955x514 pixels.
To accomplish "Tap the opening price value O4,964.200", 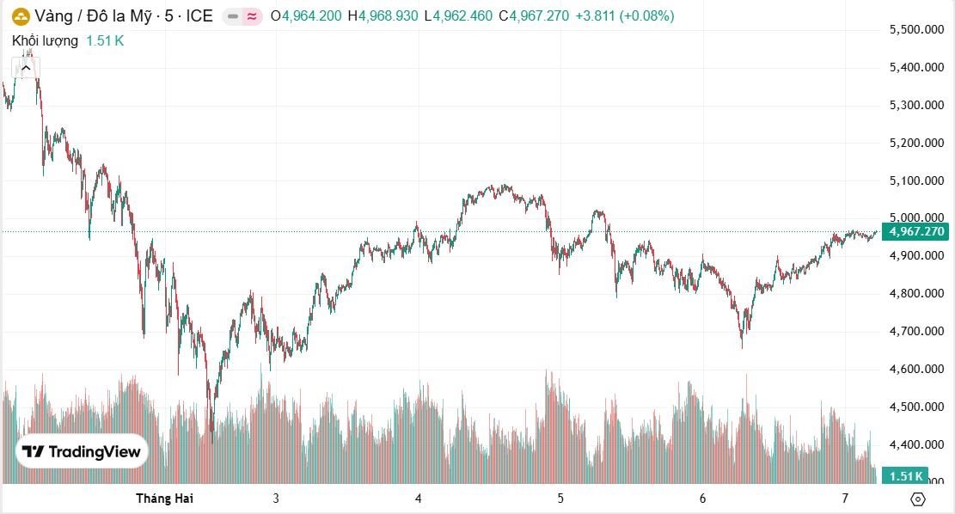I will pyautogui.click(x=306, y=15).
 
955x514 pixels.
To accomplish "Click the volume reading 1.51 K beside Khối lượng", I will pyautogui.click(x=105, y=40).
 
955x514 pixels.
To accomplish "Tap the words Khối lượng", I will pyautogui.click(x=45, y=40).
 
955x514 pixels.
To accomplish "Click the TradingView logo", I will pyautogui.click(x=82, y=451).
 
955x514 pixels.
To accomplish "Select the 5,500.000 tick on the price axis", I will pyautogui.click(x=916, y=30).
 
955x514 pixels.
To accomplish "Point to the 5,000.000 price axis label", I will pyautogui.click(x=916, y=218).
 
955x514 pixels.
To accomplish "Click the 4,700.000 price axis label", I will pyautogui.click(x=916, y=331).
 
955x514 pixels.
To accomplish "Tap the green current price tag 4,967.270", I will pyautogui.click(x=917, y=231).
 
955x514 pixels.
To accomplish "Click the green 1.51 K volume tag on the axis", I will pyautogui.click(x=906, y=475).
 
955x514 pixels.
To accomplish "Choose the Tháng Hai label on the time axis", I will pyautogui.click(x=165, y=498).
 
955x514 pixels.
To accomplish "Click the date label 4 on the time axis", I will pyautogui.click(x=418, y=498).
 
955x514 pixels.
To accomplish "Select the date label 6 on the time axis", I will pyautogui.click(x=702, y=498).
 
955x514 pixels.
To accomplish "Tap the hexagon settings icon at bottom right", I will pyautogui.click(x=917, y=499).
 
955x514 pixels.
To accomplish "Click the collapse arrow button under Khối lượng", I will pyautogui.click(x=26, y=68).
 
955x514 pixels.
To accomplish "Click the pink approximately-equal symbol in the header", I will pyautogui.click(x=251, y=15).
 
